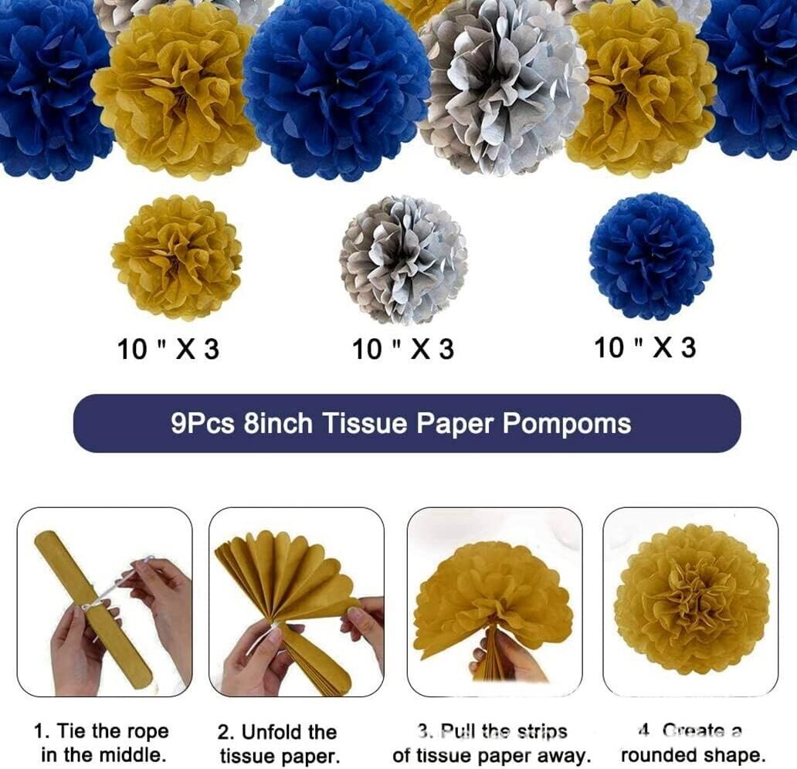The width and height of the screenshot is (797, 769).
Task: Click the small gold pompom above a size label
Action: (176, 258)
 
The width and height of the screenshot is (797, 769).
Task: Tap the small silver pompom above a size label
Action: (403, 260)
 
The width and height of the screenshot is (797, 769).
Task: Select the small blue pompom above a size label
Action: (652, 256)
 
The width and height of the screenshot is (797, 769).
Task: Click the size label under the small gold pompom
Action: (168, 349)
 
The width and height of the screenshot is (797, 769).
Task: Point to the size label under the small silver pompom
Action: (403, 349)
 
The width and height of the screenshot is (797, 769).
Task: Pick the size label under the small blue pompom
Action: (645, 347)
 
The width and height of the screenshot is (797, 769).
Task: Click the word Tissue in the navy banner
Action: (365, 423)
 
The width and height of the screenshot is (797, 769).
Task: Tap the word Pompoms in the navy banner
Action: (567, 423)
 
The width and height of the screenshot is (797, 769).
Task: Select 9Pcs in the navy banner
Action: (203, 423)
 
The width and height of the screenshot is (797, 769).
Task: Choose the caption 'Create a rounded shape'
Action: (694, 743)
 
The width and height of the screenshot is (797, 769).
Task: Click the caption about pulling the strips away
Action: (491, 743)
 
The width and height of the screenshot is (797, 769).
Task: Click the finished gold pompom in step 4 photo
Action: (692, 601)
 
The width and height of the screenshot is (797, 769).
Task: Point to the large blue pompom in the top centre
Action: (337, 87)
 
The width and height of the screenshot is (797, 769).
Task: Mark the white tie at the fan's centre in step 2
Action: (274, 628)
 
